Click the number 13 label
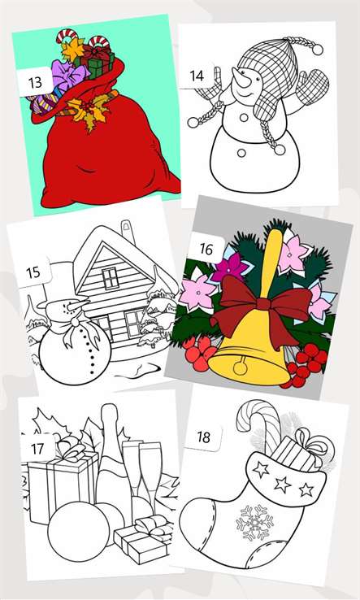pos(35,82)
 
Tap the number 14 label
pos(197,76)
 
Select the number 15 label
pos(33,272)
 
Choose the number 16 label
pos(206,250)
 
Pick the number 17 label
pos(37,449)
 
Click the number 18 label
pos(203,437)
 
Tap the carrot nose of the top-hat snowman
pos(79,305)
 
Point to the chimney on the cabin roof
pos(126,232)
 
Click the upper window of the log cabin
pos(110,278)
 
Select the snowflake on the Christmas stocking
pos(254,522)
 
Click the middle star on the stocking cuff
pos(283,485)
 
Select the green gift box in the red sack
pos(97,65)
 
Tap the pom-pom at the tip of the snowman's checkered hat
pos(317,50)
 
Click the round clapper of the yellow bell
pos(241,367)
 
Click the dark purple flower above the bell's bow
pos(230,267)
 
